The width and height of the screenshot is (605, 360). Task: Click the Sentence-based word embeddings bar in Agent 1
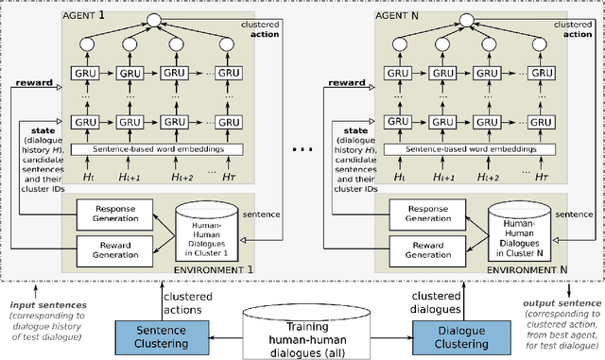point(152,150)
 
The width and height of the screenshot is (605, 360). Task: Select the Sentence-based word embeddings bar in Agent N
point(465,150)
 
